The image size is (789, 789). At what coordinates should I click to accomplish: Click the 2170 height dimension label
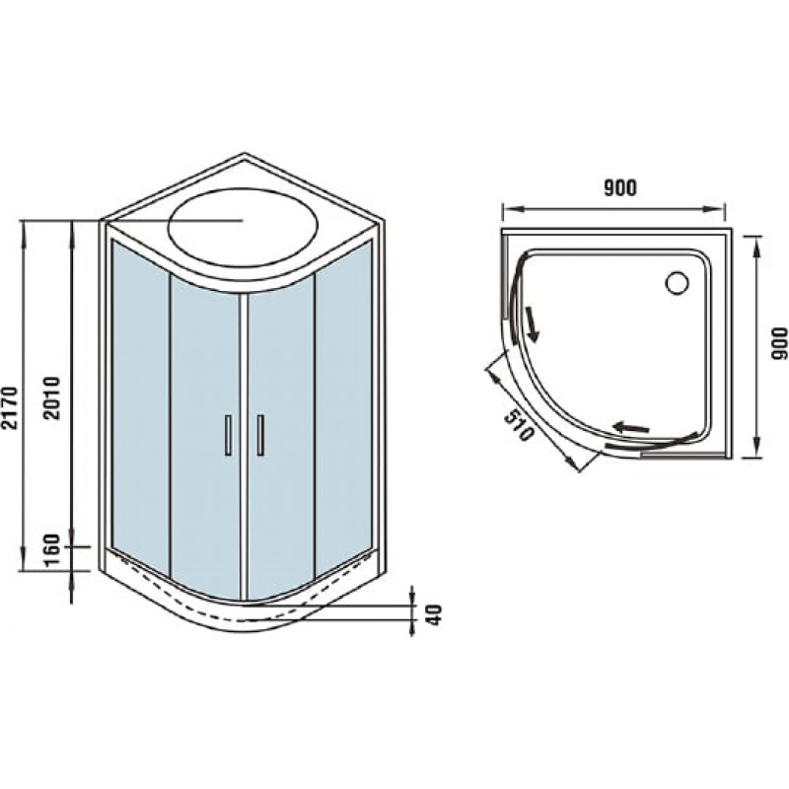tap(10, 408)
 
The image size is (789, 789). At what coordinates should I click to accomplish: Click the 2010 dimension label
tap(52, 398)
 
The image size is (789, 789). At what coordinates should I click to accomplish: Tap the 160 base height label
tap(52, 551)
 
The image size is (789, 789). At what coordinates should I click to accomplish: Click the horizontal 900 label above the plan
tap(620, 187)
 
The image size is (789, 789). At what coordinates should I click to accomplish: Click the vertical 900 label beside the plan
tap(779, 343)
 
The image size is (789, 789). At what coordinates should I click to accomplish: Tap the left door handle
tap(228, 435)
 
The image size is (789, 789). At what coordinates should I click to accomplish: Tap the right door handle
tap(260, 435)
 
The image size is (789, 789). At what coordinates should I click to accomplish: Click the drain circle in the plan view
tap(677, 283)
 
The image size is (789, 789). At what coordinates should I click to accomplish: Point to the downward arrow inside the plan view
tap(532, 323)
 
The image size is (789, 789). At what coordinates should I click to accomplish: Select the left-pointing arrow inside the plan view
tap(631, 428)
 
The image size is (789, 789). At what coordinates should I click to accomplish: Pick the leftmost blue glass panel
tap(140, 407)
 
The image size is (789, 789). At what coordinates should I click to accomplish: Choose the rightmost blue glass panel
tap(343, 407)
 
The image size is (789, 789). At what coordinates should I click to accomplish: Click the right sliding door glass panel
tap(281, 437)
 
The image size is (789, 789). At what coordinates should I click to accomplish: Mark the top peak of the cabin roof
tap(245, 154)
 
